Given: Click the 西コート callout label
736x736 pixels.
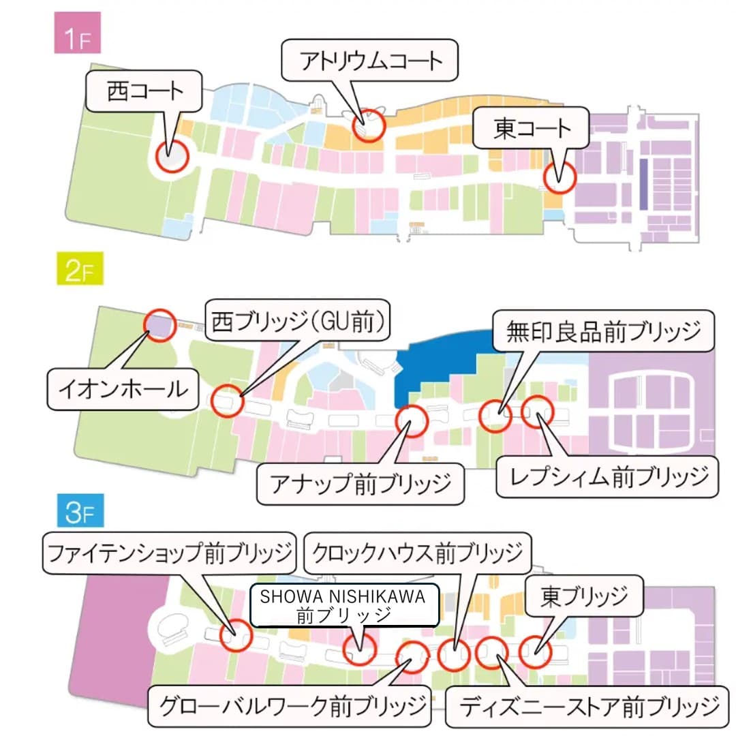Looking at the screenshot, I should point(144,92).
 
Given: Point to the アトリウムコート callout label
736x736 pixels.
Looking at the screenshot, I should point(371,61).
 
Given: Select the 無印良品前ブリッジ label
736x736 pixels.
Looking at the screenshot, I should point(604,333).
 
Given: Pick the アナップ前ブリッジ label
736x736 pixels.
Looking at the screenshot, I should point(361,483).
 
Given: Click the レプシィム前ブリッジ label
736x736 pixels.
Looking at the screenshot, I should point(605,476).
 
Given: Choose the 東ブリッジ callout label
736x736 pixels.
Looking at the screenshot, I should point(584,598).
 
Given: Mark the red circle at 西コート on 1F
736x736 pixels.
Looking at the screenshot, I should point(170,157).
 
